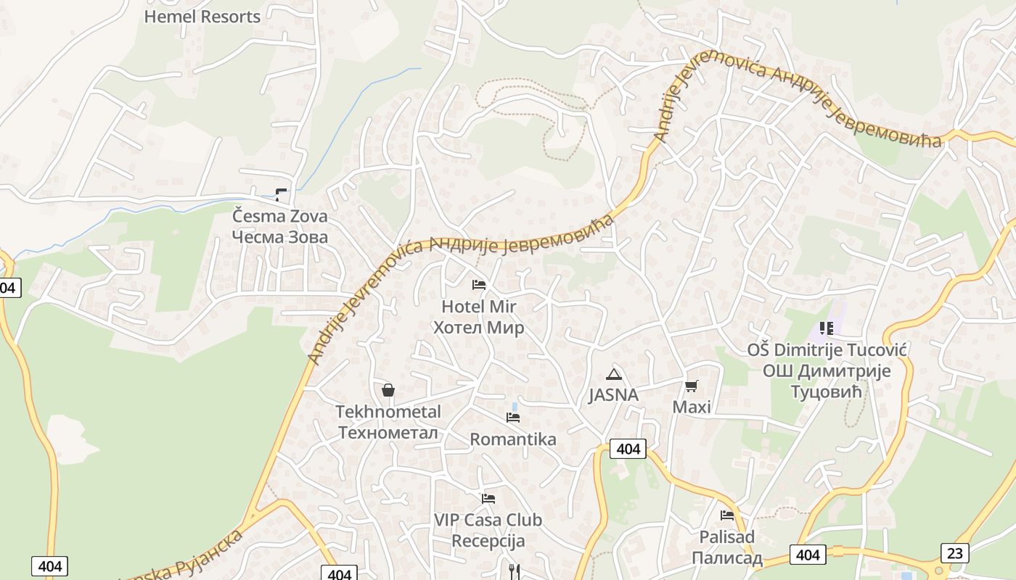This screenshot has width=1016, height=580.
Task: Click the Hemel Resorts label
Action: pos(202,17)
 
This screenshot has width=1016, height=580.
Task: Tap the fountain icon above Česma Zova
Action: pos(281,194)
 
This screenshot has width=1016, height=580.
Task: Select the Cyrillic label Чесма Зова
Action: pos(279,236)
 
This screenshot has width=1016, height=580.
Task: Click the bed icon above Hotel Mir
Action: pos(479,284)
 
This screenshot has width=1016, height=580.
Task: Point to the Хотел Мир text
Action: pos(478,328)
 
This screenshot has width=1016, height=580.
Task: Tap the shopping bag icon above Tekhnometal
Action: pos(388,390)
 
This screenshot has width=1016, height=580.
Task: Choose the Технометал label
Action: pos(388,433)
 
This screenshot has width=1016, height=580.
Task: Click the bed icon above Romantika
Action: pos(513,418)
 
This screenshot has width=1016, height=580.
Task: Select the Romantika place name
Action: pos(513,439)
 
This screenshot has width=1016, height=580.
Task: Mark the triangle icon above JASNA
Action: pos(614,374)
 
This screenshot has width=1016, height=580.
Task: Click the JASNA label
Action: pos(613,395)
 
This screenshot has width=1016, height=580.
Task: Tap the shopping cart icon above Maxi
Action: pos(691,386)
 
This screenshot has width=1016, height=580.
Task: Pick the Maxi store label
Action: pos(692,407)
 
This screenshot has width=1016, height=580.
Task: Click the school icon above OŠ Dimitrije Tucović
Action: pos(826,328)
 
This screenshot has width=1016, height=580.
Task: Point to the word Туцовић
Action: pos(827,392)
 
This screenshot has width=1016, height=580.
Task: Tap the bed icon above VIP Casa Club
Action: pos(488,499)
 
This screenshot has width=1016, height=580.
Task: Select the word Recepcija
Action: pos(488,541)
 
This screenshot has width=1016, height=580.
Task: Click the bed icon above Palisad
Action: pos(727,515)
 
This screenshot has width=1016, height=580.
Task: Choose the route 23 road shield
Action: pos(955,553)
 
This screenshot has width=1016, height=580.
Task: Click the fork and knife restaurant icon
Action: pos(515,571)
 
